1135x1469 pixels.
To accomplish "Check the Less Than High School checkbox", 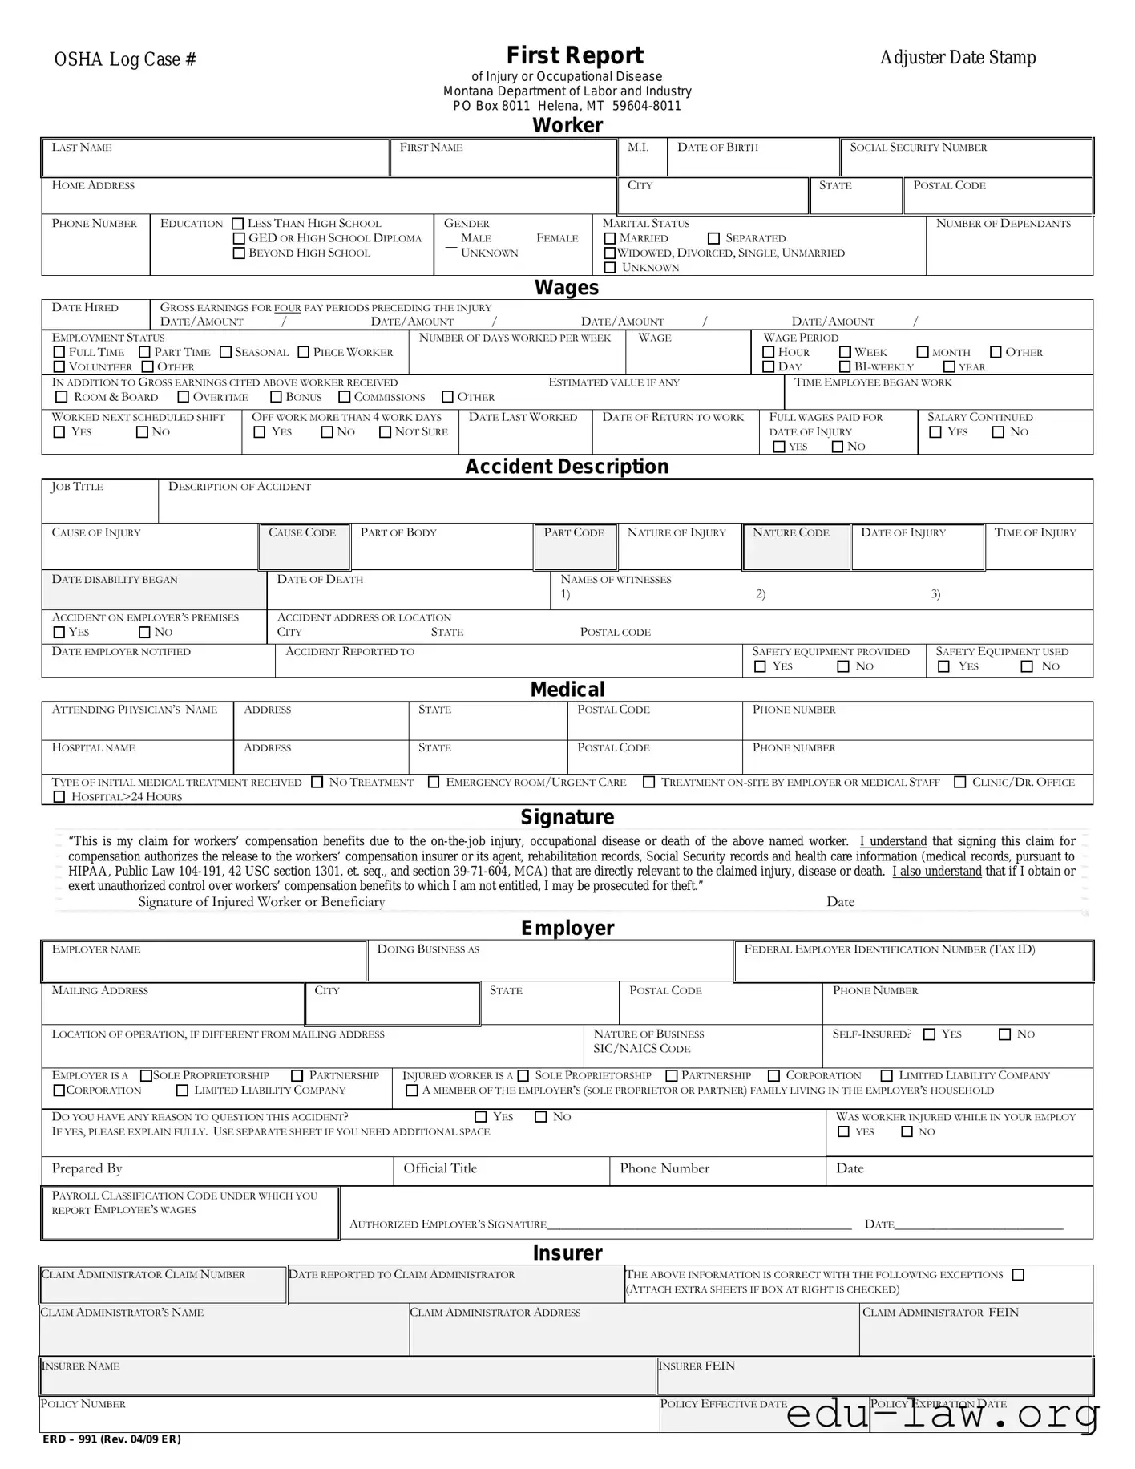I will point(238,224).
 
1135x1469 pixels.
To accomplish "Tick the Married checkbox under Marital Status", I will point(610,238).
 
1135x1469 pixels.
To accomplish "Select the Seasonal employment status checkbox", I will point(226,352).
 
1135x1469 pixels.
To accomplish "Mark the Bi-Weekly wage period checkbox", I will point(845,366).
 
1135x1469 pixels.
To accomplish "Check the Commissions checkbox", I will point(345,397).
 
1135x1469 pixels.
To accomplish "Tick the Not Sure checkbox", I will point(386,432).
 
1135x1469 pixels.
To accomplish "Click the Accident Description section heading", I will point(567,467).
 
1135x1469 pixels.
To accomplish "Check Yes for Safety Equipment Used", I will point(944,666).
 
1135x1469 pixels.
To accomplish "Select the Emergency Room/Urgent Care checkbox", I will point(434,782).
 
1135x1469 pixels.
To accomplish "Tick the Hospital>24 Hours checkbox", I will point(59,797).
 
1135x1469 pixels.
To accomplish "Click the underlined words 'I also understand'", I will point(936,872).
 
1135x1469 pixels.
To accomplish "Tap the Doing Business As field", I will point(550,961).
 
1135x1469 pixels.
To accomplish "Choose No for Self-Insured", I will point(1004,1034).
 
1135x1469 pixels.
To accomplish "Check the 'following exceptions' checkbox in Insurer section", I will point(1018,1275).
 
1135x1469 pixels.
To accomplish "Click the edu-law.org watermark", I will point(942,1414).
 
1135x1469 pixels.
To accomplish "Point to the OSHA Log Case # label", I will point(125,59).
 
